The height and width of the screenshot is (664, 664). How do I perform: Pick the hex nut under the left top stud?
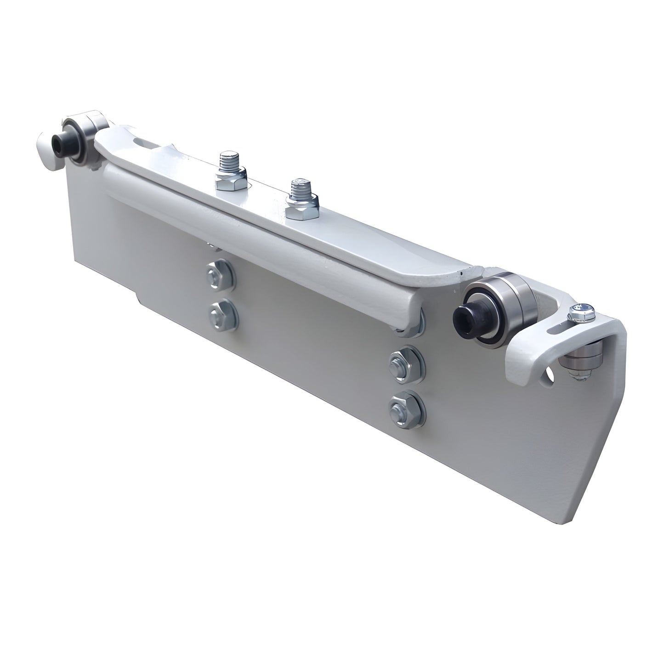click(227, 182)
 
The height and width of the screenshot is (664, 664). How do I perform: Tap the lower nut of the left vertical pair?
click(223, 315)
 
